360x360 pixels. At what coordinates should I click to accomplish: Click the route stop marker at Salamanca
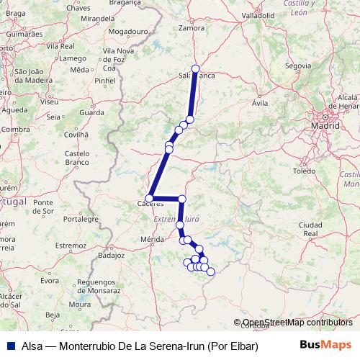pyautogui.click(x=195, y=68)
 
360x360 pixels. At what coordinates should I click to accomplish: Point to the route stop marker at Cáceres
pyautogui.click(x=150, y=198)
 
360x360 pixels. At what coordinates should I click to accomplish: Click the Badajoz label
pyautogui.click(x=111, y=255)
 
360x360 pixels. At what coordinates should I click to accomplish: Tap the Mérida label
pyautogui.click(x=153, y=238)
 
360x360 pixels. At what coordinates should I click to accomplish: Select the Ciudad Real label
pyautogui.click(x=311, y=229)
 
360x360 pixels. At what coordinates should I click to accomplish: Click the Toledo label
pyautogui.click(x=305, y=171)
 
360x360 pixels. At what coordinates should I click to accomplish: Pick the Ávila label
pyautogui.click(x=260, y=103)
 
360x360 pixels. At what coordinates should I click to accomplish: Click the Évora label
pyautogui.click(x=49, y=281)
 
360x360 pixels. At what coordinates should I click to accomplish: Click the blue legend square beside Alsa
pyautogui.click(x=7, y=345)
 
